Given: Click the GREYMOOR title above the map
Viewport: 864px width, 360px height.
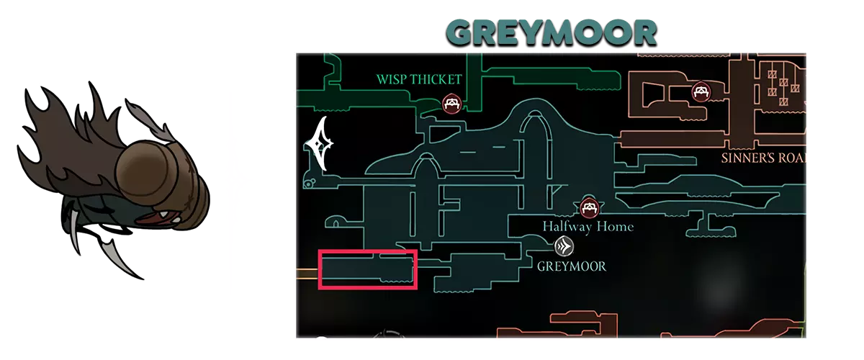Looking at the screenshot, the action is pos(552,33).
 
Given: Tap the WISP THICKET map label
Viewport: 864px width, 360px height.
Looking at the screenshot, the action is pos(419,79).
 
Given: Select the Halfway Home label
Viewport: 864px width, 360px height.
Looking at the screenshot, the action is pos(588,226).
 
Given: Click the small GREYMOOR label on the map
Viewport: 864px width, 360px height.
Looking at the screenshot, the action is pos(572,266).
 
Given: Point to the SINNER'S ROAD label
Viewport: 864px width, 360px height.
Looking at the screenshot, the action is pos(764,158).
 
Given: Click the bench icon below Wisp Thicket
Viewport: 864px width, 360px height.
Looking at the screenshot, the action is pos(451,104).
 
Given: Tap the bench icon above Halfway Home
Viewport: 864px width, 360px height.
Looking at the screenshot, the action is pos(589,207).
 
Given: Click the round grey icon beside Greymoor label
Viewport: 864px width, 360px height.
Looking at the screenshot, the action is pos(564,246).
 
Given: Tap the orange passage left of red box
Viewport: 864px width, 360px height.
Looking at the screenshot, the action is pos(307,274).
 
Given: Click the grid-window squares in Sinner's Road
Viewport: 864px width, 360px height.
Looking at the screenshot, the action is pos(784,87).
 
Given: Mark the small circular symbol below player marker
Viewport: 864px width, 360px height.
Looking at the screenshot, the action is pos(308,184).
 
